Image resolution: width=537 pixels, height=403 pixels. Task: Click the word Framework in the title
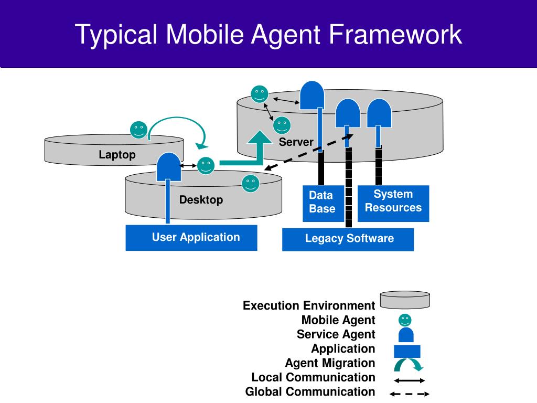[x=395, y=34]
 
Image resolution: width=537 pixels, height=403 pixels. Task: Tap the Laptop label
[x=117, y=155]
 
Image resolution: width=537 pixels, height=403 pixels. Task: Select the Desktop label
[x=201, y=199]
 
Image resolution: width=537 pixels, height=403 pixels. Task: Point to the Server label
[x=296, y=142]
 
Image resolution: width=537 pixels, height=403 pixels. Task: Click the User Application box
[x=191, y=238]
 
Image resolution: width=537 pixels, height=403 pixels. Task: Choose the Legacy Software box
[x=348, y=239]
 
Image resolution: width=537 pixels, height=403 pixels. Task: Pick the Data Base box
[x=323, y=204]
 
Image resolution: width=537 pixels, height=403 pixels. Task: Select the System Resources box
[x=393, y=204]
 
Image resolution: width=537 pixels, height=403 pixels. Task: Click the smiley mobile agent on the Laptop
[x=138, y=130]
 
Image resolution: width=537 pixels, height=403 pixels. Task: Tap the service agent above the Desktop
[x=169, y=167]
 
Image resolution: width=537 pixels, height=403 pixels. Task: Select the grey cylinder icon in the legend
[x=405, y=300]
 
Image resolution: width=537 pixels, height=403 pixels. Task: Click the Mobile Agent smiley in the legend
[x=405, y=320]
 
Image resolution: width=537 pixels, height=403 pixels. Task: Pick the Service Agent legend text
[x=336, y=334]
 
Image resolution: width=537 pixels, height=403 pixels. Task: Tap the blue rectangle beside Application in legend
[x=407, y=351]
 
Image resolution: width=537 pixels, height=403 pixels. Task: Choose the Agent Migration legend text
[x=330, y=363]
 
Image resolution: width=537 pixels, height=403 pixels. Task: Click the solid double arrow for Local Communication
[x=409, y=380]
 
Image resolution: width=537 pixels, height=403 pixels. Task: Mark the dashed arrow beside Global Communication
[x=409, y=394]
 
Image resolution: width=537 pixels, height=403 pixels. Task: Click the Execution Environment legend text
[x=309, y=305]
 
